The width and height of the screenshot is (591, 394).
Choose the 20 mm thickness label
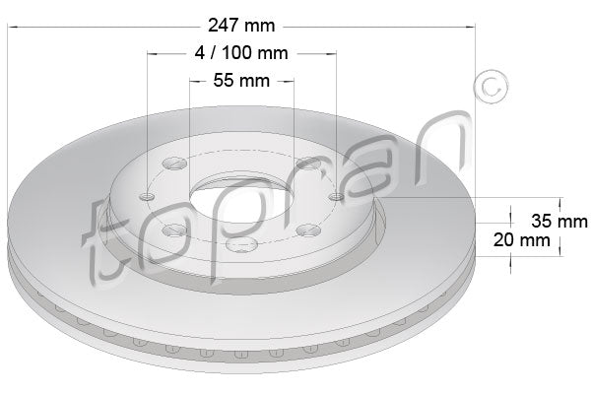tap(521, 239)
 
